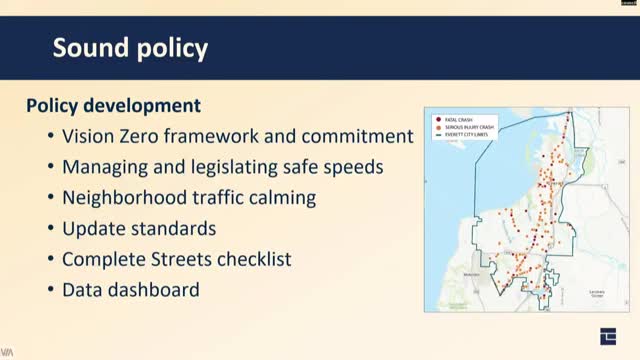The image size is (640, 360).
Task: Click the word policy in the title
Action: (172, 49)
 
